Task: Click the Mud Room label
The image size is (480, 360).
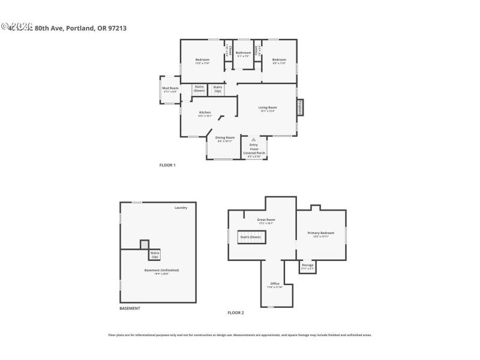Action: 170,89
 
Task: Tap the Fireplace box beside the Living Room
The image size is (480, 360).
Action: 299,107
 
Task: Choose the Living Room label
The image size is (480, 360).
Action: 268,109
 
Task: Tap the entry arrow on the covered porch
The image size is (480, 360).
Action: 253,139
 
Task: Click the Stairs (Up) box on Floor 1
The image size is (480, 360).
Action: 217,89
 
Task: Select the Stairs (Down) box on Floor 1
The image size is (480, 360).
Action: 199,89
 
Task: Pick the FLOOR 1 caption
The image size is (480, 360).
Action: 167,165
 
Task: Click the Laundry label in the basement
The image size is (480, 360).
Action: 181,208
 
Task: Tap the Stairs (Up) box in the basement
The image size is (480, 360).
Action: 155,255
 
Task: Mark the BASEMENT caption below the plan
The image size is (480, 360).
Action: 130,308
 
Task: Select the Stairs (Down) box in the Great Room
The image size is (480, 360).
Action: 250,237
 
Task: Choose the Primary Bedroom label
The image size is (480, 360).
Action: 321,233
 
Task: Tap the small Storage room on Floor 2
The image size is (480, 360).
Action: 307,266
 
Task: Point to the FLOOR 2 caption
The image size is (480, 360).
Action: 235,313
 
